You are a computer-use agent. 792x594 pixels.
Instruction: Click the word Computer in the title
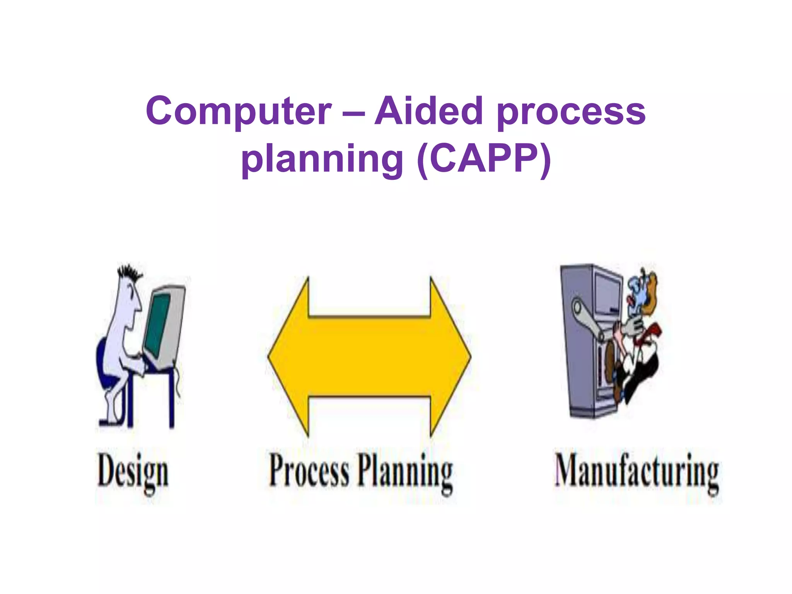coord(239,112)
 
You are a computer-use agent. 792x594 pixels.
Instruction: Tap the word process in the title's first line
coord(571,113)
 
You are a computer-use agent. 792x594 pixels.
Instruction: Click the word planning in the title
coord(322,159)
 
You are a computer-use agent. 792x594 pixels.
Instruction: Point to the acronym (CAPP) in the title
coord(484,159)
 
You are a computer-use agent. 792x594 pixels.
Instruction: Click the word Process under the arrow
coord(309,471)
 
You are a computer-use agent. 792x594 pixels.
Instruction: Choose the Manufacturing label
coord(637,472)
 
